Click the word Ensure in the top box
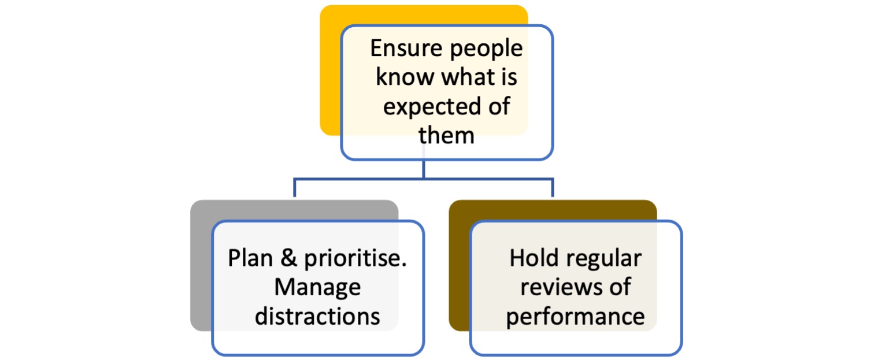pos(406,49)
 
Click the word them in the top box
pos(446,135)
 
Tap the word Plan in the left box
pos(250,258)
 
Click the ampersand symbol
pos(289,258)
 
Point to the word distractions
pos(317,316)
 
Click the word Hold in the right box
pos(534,258)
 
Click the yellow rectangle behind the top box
pos(329,70)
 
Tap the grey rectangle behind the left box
pos(201,265)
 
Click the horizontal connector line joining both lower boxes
pos(423,179)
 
